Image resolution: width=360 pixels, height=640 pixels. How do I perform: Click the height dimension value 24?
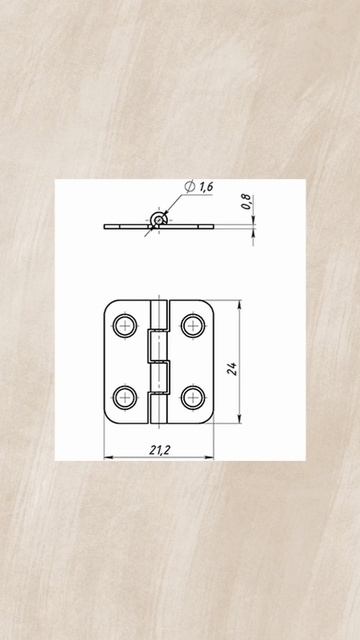click(x=232, y=369)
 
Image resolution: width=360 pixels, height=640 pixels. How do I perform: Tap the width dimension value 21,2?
click(x=160, y=450)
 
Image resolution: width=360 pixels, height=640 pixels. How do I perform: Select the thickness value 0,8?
click(x=246, y=202)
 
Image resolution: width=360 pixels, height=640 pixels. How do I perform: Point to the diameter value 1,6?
click(x=206, y=187)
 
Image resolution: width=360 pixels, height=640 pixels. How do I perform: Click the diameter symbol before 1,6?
click(x=189, y=187)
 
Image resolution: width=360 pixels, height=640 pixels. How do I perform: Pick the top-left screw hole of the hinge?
click(x=125, y=326)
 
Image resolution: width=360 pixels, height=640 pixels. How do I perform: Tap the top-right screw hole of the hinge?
click(x=193, y=326)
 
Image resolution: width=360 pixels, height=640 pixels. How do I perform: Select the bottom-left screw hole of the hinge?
click(x=125, y=397)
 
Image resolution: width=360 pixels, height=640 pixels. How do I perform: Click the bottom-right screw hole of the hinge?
click(x=193, y=397)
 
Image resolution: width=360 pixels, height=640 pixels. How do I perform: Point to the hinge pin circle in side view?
click(x=158, y=220)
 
